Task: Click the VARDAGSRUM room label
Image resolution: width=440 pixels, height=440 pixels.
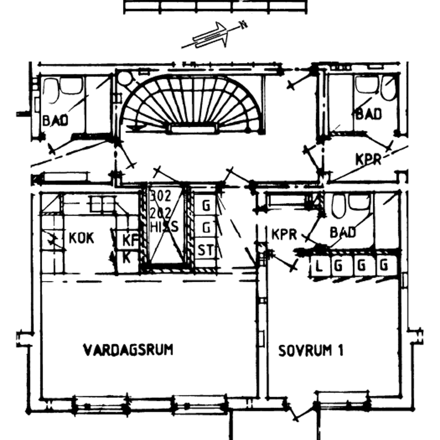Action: (128, 350)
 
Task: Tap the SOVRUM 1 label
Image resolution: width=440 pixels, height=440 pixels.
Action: (311, 350)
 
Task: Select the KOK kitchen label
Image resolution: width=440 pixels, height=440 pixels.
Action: (81, 237)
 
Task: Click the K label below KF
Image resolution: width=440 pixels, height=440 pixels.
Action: (127, 257)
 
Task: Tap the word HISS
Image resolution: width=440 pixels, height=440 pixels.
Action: (164, 227)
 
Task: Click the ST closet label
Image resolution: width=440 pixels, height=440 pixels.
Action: (206, 251)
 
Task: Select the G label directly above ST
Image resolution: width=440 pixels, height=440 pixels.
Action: (206, 228)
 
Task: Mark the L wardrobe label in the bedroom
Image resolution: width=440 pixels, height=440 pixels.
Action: (319, 265)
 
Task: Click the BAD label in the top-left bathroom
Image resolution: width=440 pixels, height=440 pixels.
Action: (55, 121)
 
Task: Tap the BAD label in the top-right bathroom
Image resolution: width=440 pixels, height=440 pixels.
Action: (368, 114)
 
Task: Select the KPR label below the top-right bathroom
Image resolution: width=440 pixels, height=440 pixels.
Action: (368, 159)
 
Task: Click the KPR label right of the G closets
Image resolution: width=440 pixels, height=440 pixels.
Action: (284, 234)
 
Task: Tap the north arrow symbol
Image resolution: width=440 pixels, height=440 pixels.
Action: (210, 36)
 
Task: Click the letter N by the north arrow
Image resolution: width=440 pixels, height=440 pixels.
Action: (244, 24)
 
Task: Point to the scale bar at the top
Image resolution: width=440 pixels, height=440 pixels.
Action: (215, 7)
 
